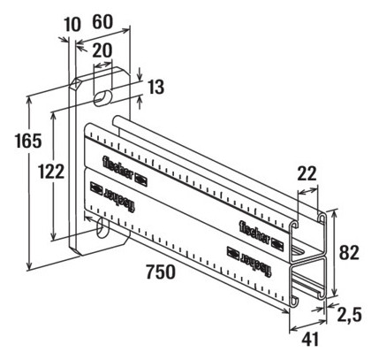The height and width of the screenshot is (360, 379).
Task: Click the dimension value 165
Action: coord(28,141)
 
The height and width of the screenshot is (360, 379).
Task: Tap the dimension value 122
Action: coord(51,172)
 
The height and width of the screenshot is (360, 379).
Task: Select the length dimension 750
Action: coord(161,272)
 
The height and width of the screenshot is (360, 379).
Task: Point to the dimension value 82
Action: coord(349,253)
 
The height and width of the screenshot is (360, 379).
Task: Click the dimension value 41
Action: coord(310,339)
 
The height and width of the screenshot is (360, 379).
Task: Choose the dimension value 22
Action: coord(307,173)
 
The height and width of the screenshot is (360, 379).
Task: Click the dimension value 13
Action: coord(155,87)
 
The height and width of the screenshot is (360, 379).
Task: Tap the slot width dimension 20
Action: coord(102,50)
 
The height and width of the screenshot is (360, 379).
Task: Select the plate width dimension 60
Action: coord(102,22)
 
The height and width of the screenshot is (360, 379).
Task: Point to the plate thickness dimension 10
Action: coord(72,25)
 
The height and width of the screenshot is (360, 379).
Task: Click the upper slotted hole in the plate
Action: coord(103,97)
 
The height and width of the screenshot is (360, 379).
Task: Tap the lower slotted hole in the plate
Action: coord(102,228)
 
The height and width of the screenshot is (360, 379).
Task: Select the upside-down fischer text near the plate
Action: coord(119,199)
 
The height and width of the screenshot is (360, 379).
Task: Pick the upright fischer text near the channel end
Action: coord(254,234)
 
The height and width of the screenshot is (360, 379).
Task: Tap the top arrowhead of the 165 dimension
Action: coord(29,100)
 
